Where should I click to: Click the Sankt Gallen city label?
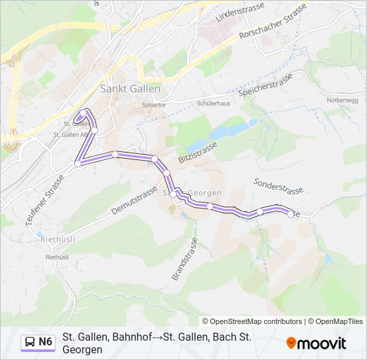point(129,89)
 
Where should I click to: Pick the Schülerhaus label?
point(214,104)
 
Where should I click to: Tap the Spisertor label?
point(153,105)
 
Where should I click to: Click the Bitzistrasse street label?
point(198,154)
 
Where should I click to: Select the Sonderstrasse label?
point(278,186)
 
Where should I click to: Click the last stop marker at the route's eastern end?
point(290,214)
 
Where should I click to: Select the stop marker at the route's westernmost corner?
point(78,162)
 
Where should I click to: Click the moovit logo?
point(316,343)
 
